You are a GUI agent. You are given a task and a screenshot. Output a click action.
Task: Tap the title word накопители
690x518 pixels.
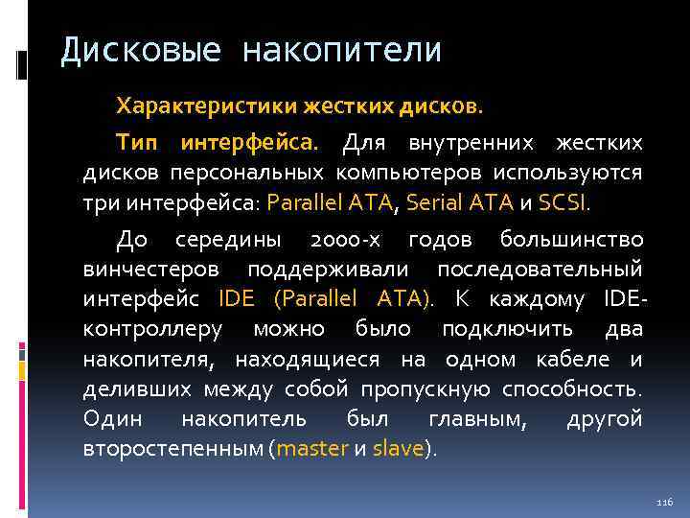(342, 50)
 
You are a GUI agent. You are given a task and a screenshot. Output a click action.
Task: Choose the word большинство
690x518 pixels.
(579, 240)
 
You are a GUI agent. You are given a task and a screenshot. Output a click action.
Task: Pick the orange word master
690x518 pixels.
(312, 448)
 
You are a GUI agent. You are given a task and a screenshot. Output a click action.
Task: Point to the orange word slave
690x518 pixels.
(397, 448)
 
